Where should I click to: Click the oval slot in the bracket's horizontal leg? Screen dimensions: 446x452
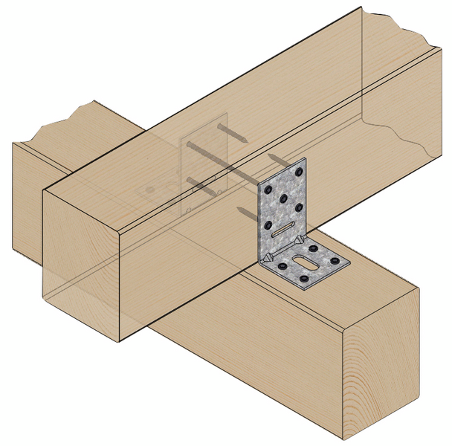307,262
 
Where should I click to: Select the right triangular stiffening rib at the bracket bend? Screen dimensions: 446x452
299,239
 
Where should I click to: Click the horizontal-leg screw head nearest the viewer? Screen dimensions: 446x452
304,279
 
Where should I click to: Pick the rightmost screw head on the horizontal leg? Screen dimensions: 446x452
335,262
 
